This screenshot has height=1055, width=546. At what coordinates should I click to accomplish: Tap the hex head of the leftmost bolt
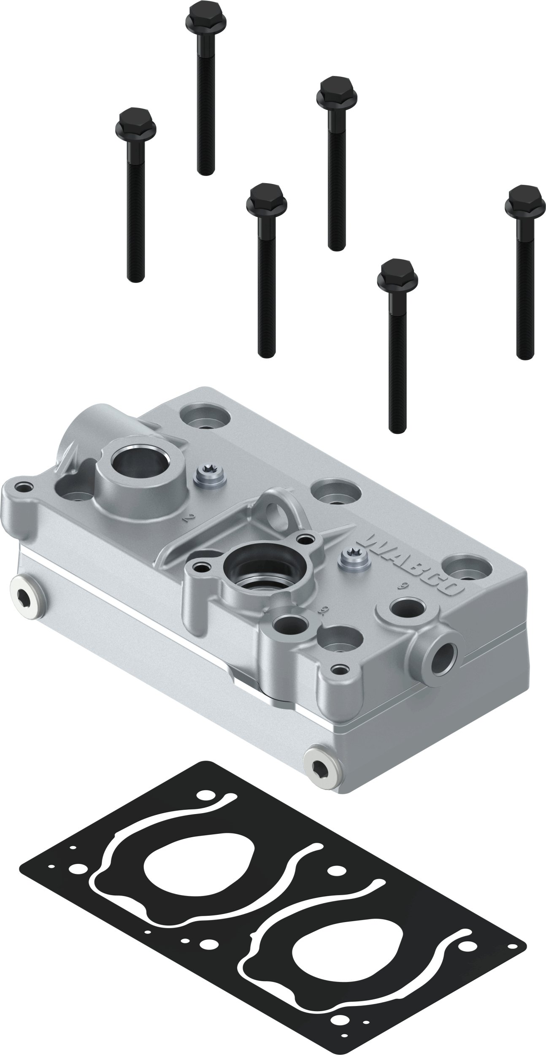point(135,120)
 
